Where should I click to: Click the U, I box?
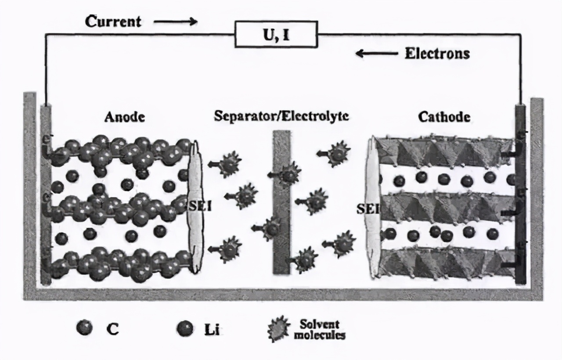(276, 34)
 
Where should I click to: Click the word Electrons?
(437, 54)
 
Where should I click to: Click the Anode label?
(125, 117)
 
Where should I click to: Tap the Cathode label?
(444, 117)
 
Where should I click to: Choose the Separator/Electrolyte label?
(281, 116)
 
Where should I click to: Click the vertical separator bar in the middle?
(281, 202)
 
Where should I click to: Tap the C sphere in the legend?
(84, 328)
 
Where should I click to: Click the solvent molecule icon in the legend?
(279, 329)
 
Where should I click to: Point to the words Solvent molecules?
(319, 329)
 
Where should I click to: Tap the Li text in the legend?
(212, 329)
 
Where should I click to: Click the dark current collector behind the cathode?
(521, 193)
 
